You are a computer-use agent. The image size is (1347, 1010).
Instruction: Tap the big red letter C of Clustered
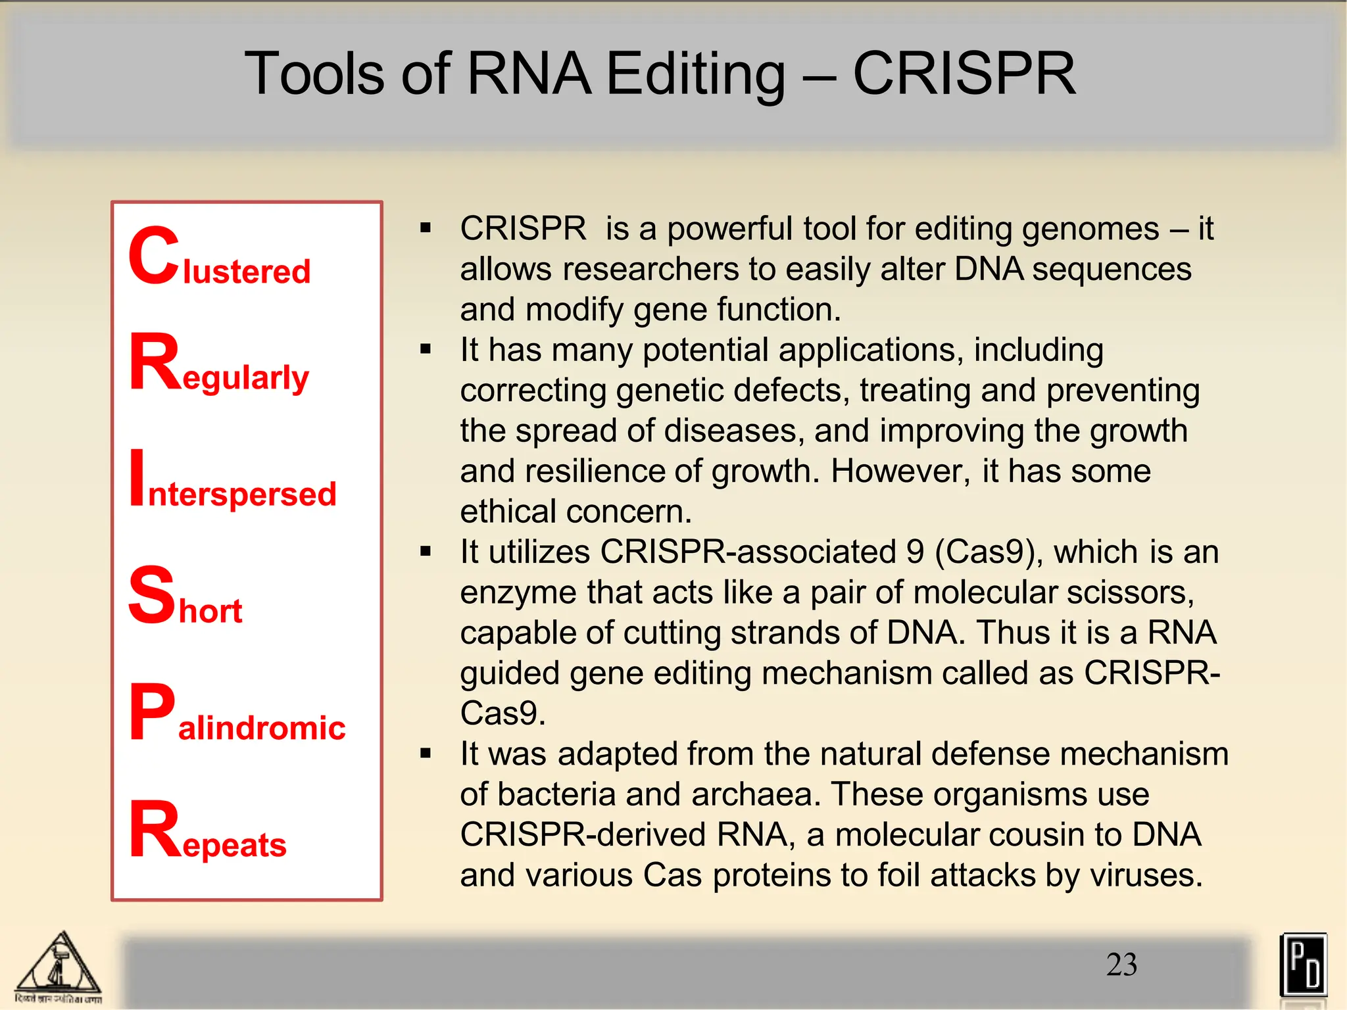point(153,256)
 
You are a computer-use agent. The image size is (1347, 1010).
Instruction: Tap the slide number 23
point(1121,965)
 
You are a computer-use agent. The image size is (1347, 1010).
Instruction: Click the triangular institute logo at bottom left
point(59,967)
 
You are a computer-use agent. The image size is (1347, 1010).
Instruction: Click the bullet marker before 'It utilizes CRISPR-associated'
point(426,551)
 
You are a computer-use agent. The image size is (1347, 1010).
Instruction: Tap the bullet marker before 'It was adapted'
point(426,754)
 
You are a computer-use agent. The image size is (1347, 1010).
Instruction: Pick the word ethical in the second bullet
point(507,512)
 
